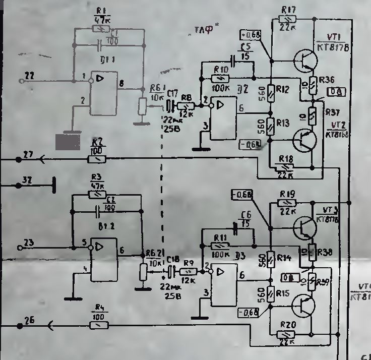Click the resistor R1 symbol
coord(102,29)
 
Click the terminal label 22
coord(30,76)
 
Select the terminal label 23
coord(30,243)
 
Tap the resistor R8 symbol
coord(187,106)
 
